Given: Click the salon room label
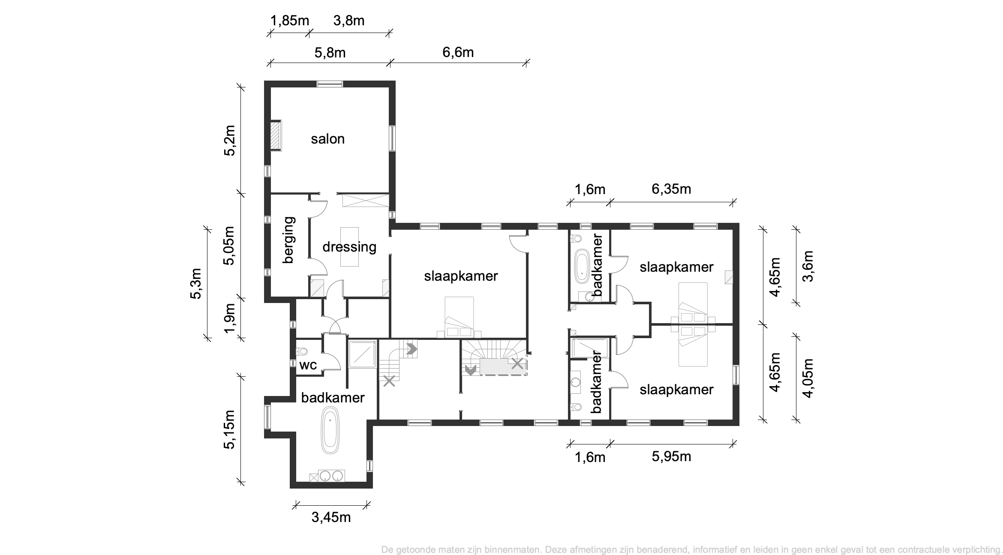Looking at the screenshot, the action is pyautogui.click(x=327, y=139).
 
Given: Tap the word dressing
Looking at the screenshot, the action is pyautogui.click(x=349, y=247).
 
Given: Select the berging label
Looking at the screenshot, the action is pyautogui.click(x=289, y=240).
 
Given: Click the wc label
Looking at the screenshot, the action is pyautogui.click(x=308, y=365).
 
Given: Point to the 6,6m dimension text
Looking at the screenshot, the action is pyautogui.click(x=458, y=52).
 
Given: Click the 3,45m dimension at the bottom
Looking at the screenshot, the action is pyautogui.click(x=331, y=517).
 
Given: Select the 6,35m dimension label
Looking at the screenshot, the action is pyautogui.click(x=671, y=189).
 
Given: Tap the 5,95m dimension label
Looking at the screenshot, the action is pyautogui.click(x=671, y=456).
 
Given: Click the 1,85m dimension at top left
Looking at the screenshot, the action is pyautogui.click(x=290, y=20).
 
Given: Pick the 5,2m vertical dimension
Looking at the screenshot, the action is pyautogui.click(x=230, y=140).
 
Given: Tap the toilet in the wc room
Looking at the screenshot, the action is pyautogui.click(x=302, y=351).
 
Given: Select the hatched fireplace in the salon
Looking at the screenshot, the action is pyautogui.click(x=276, y=135).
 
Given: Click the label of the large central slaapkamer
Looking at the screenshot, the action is pyautogui.click(x=461, y=276).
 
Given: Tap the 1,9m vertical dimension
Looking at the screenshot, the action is pyautogui.click(x=230, y=318).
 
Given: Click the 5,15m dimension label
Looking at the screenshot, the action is pyautogui.click(x=230, y=429).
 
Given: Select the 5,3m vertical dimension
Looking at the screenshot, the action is pyautogui.click(x=196, y=283).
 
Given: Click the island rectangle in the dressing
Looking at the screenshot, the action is pyautogui.click(x=349, y=246).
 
